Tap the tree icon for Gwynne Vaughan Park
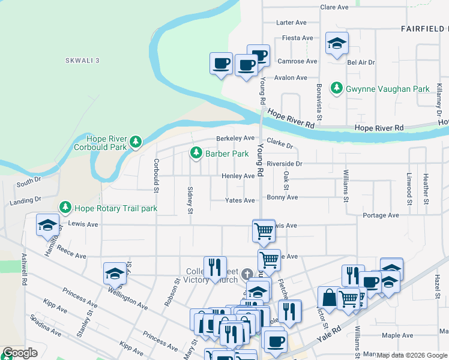pos(337,89)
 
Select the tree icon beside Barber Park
pos(196,154)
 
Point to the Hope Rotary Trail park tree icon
pos(65,208)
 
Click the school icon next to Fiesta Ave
pos(337,43)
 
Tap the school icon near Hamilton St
pos(48,226)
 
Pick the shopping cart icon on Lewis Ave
pos(264,231)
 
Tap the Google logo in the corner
pos(20,353)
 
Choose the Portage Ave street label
pos(381,215)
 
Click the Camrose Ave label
pos(297,61)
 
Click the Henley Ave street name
pos(238,176)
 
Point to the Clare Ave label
pos(334,7)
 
